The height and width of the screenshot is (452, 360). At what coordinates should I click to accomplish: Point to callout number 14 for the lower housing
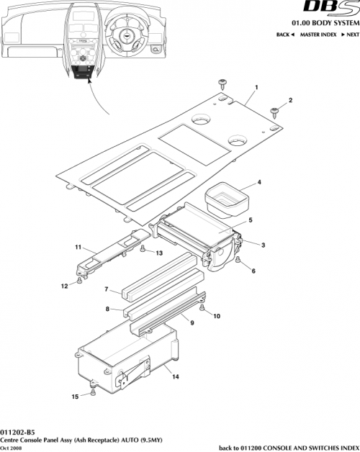tap(176, 376)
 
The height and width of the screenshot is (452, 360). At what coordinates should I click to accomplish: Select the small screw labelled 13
tap(144, 248)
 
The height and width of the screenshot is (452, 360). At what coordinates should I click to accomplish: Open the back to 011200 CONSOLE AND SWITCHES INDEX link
tap(287, 447)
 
